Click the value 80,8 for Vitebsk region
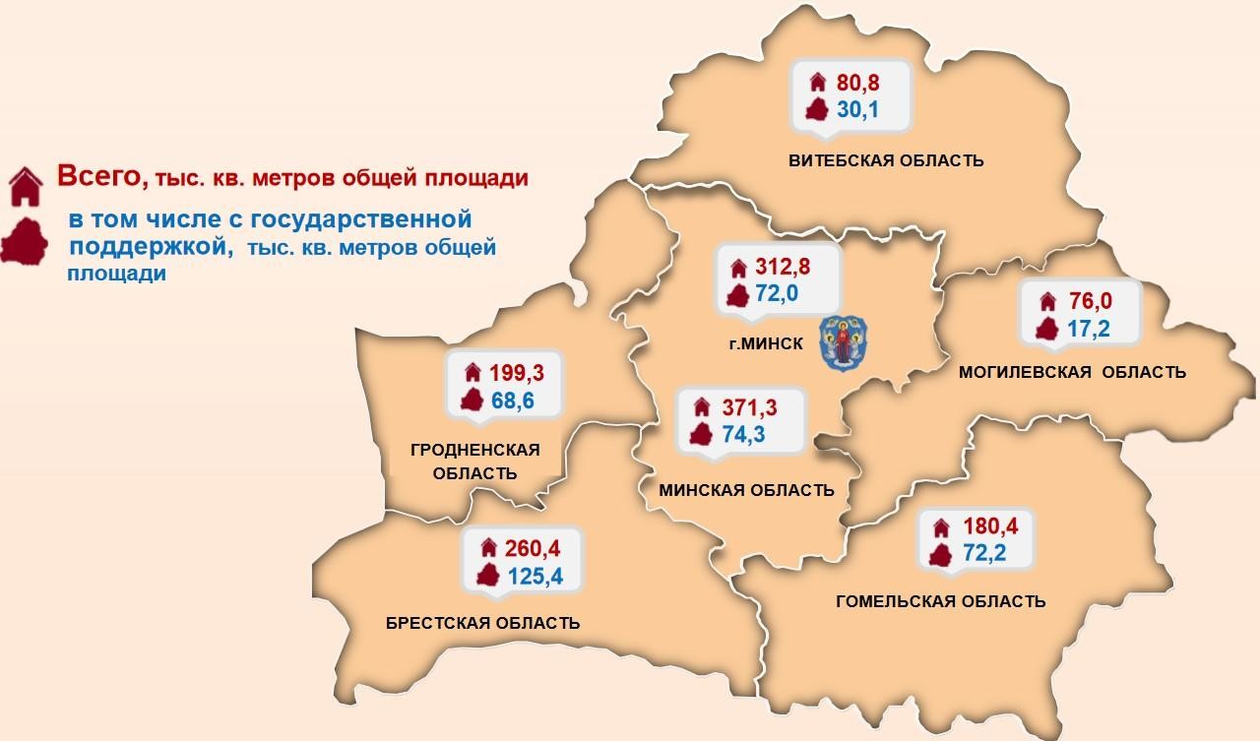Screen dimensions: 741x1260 (857, 82)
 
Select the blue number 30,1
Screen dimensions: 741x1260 (856, 109)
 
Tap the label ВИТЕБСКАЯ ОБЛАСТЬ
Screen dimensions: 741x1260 (885, 160)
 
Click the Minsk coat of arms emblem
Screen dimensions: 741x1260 (848, 342)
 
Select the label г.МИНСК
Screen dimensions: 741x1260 (761, 343)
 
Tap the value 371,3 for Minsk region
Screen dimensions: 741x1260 (751, 407)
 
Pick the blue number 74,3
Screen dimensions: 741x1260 (745, 435)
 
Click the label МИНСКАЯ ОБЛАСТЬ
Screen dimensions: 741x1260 (748, 490)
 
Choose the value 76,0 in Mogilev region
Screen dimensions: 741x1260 (1090, 301)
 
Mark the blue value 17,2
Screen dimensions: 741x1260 (1089, 329)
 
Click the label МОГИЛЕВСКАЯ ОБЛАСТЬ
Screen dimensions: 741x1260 (1072, 372)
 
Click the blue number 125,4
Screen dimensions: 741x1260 (535, 576)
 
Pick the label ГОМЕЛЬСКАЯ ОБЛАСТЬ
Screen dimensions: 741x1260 (940, 601)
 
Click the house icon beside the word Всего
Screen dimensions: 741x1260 (26, 185)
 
